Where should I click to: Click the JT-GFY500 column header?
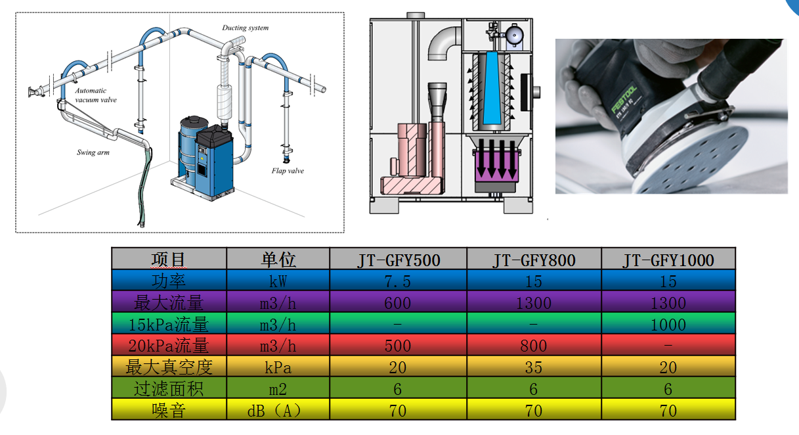(398, 260)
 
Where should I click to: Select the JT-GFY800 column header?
(534, 260)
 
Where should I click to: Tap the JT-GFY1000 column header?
(668, 260)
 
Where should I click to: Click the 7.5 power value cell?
(398, 281)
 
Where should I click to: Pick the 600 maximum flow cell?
(398, 303)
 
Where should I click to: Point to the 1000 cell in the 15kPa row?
(668, 325)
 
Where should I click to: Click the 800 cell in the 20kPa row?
(534, 346)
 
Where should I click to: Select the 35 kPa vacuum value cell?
(534, 367)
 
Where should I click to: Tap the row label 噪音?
(169, 411)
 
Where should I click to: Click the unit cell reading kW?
(277, 281)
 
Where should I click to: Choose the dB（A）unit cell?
(277, 411)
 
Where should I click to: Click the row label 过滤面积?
(169, 389)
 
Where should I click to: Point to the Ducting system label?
(245, 28)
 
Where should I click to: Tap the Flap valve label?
(288, 171)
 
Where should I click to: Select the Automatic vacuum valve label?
(95, 95)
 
